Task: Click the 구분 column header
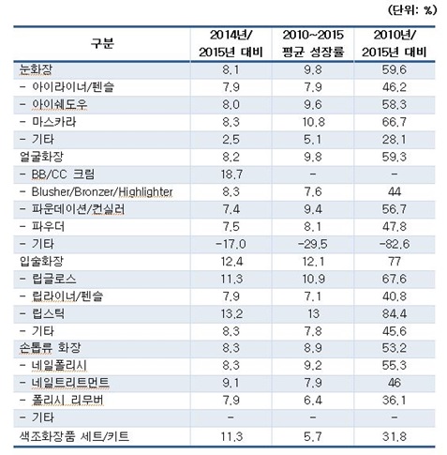pyautogui.click(x=102, y=43)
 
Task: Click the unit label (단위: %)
pyautogui.click(x=412, y=10)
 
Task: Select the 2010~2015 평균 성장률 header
pyautogui.click(x=313, y=43)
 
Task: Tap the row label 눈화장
pyautogui.click(x=36, y=69)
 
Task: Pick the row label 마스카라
pyautogui.click(x=54, y=122)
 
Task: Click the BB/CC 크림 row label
pyautogui.click(x=63, y=174)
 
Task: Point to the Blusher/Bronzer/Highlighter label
pyautogui.click(x=102, y=191)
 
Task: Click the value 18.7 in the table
pyautogui.click(x=231, y=174)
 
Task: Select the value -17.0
pyautogui.click(x=231, y=244)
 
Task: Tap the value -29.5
pyautogui.click(x=313, y=244)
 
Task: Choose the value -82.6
pyautogui.click(x=395, y=244)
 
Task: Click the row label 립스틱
pyautogui.click(x=49, y=313)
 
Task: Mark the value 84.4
pyautogui.click(x=395, y=313)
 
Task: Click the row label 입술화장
pyautogui.click(x=41, y=261)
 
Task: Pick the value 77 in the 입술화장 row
pyautogui.click(x=395, y=261)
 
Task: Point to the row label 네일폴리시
pyautogui.click(x=59, y=365)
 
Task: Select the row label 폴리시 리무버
pyautogui.click(x=67, y=400)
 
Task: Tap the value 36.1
pyautogui.click(x=395, y=400)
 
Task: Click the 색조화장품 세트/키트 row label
pyautogui.click(x=74, y=436)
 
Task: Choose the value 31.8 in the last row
pyautogui.click(x=395, y=436)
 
